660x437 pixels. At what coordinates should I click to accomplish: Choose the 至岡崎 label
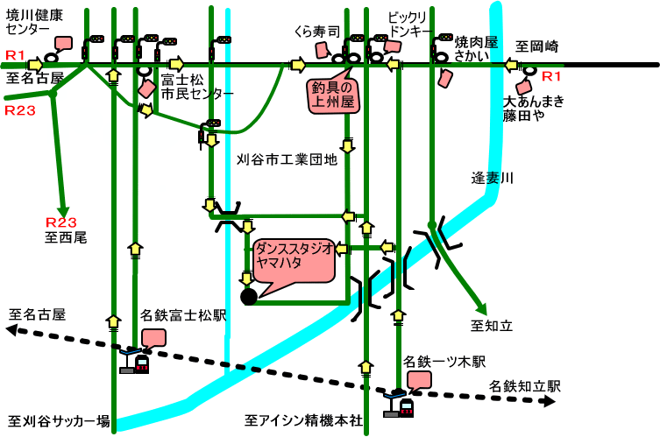536,46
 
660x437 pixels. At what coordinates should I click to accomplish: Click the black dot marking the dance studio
249,297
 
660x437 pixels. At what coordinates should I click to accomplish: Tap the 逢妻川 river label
492,179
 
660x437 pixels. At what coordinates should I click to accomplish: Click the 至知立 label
491,327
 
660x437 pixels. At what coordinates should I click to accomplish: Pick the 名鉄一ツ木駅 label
444,361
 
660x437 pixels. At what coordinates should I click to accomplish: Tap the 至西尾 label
67,236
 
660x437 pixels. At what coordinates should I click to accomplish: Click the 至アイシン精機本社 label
303,420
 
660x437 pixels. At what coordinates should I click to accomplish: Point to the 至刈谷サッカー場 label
59,420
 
